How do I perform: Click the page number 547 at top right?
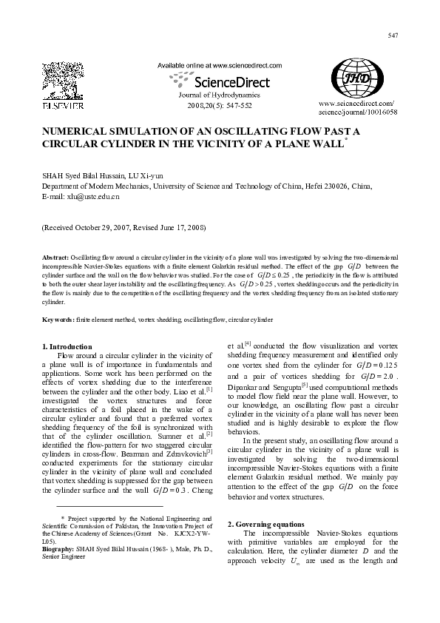[393, 36]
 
